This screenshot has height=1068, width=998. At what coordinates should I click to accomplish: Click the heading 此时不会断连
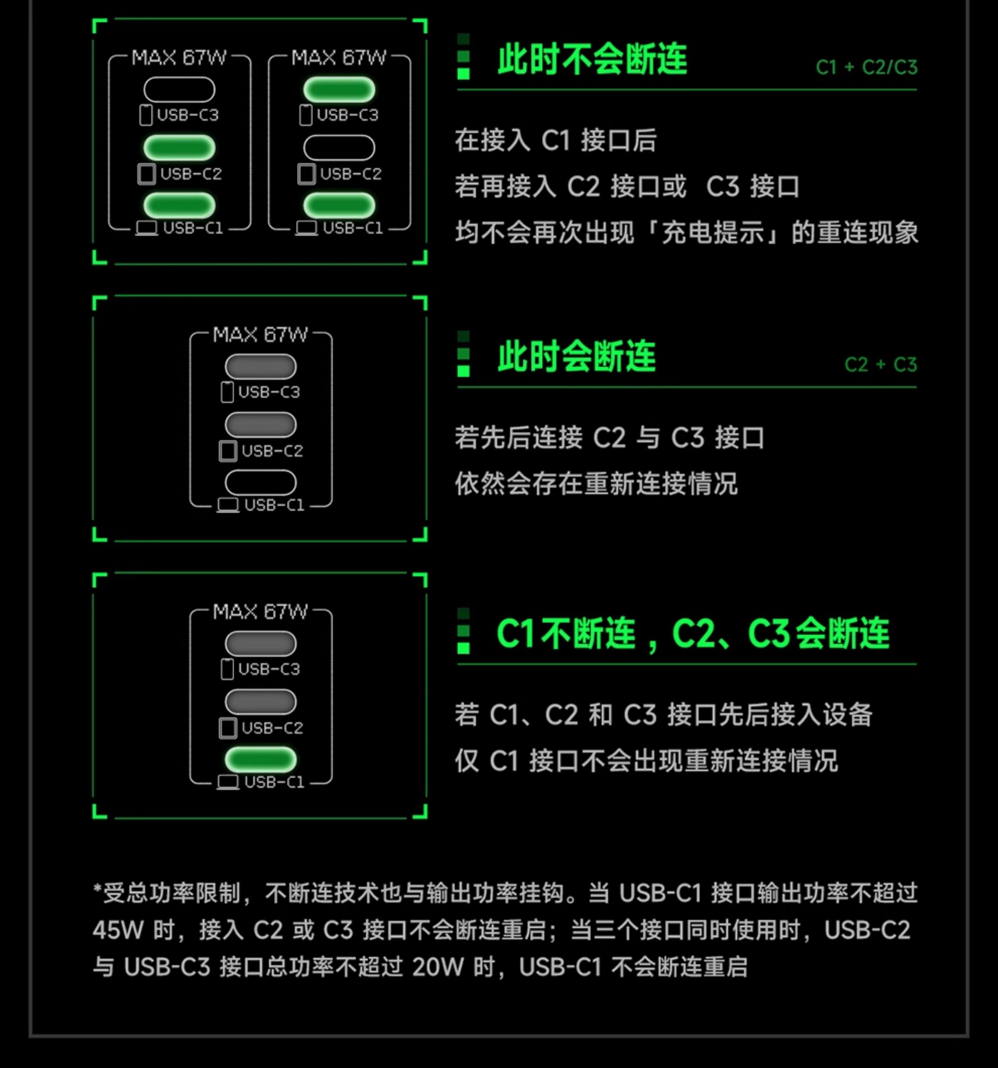[x=592, y=59]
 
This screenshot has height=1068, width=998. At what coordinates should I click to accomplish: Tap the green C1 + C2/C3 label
[x=866, y=67]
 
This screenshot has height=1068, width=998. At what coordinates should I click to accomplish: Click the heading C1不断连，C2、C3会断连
[x=693, y=634]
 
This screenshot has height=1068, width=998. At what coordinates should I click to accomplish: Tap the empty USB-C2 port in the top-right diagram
[x=339, y=148]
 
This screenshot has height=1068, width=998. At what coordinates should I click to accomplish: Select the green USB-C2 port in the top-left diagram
[x=179, y=148]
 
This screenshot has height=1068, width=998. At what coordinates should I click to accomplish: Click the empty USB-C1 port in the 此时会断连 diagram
[x=260, y=482]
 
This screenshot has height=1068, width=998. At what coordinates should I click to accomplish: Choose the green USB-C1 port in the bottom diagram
[x=260, y=759]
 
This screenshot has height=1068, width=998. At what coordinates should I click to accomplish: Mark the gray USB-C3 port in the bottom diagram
[x=260, y=644]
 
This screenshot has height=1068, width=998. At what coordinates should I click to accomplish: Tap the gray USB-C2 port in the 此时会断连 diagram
[x=260, y=424]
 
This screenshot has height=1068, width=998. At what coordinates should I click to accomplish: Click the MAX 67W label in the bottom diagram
[x=260, y=611]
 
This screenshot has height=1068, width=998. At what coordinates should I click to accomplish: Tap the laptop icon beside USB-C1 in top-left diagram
[x=146, y=228]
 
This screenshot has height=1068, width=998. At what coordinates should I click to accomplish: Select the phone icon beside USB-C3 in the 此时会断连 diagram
[x=227, y=391]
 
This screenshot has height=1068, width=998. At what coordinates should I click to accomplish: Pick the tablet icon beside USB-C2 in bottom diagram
[x=228, y=728]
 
